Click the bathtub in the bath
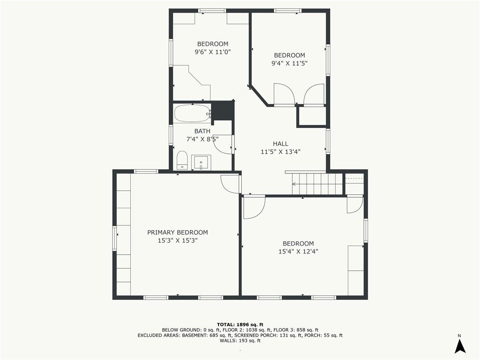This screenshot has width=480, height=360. pos(193,114)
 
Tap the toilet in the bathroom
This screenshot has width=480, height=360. pos(182,159)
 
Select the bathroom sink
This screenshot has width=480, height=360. pos(201,162)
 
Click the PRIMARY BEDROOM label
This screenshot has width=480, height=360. pos(178,232)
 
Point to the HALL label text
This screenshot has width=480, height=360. pos(281,143)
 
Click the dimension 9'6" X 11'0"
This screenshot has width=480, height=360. pos(213,52)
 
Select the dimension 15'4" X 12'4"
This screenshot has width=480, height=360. pos(299,252)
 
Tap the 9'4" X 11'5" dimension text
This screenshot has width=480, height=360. pos(289,63)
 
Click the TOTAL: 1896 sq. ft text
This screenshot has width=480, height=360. pos(240,324)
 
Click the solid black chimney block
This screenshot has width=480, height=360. pos(224,110)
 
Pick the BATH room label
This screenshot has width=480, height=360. pos(202,131)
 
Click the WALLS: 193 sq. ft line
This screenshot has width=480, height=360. pos(240,340)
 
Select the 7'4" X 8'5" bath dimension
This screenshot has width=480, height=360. pos(202,139)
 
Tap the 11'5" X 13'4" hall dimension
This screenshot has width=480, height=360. pos(281,151)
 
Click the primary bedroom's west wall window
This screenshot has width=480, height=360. pos(115,238)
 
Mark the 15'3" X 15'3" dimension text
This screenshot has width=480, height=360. pos(178,240)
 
